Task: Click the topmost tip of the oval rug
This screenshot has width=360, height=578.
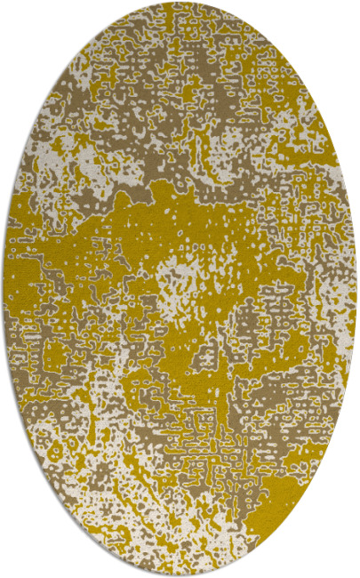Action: coord(180,3)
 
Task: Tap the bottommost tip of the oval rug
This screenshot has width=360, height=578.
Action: coord(180,575)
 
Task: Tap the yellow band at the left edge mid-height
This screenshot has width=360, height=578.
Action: coord(22,293)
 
